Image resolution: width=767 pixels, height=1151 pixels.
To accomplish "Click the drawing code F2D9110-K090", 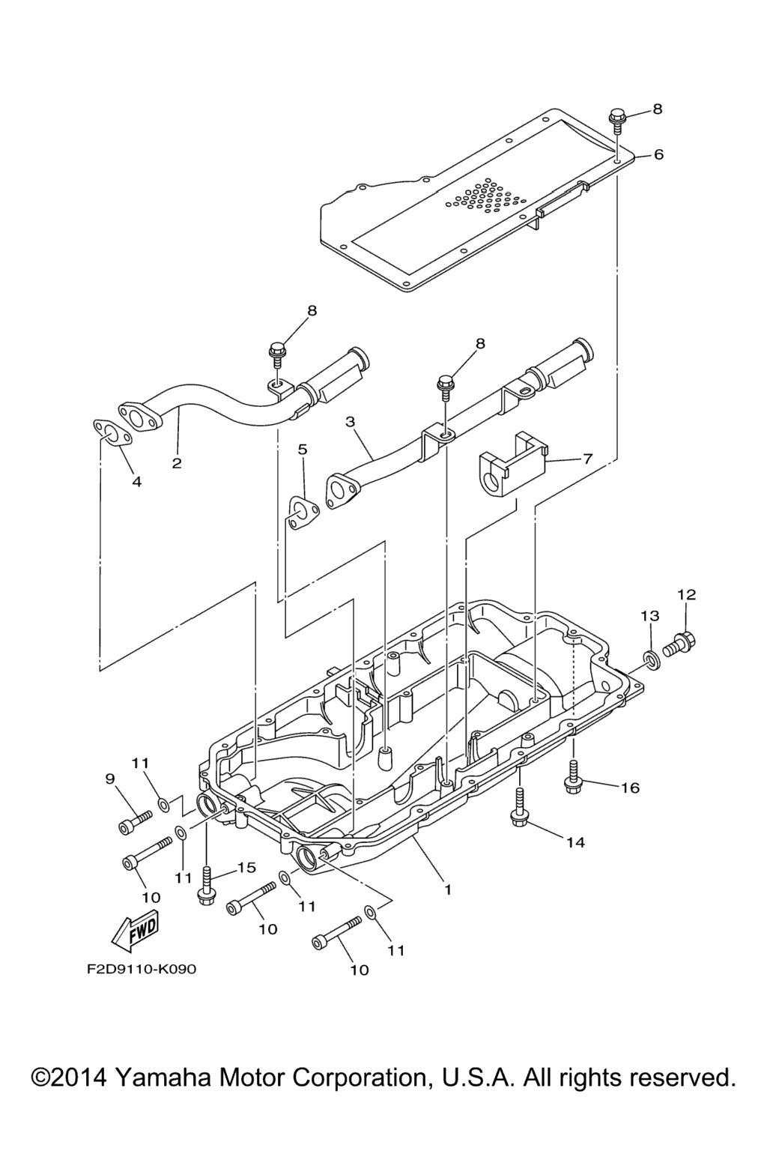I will click(x=141, y=969).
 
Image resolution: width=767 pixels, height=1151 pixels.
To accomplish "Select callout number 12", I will click(x=686, y=595).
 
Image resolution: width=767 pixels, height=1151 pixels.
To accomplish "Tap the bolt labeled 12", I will click(x=680, y=643).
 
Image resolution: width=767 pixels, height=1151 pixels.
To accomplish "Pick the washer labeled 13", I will click(x=651, y=660).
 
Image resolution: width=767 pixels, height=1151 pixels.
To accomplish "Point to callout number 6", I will click(x=658, y=155).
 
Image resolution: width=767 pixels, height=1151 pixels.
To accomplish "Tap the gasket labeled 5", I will click(x=303, y=514).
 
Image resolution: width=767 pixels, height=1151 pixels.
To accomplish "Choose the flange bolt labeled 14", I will click(x=518, y=812).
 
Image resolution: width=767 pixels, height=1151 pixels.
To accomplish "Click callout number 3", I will click(x=350, y=422).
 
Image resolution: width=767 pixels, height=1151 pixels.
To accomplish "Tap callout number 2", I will click(x=177, y=463).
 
